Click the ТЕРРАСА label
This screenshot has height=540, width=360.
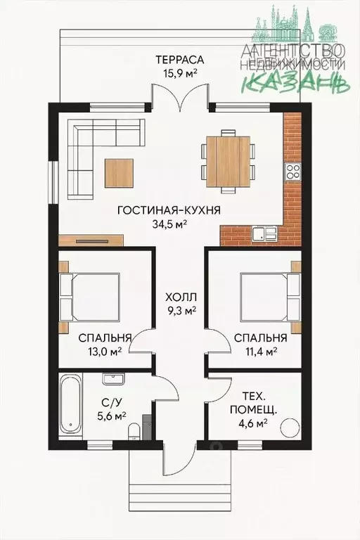pos(180,60)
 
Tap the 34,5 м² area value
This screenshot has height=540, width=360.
pos(169,224)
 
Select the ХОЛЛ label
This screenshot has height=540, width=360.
pos(181,297)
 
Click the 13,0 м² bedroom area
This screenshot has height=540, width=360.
pos(104,352)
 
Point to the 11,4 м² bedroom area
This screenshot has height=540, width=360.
pos(260,352)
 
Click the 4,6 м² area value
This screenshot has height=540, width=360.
pos(253,423)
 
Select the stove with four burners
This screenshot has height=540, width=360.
pos(292,172)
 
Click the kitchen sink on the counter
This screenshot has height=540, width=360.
pos(264,234)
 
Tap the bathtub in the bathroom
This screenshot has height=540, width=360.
pos(70,405)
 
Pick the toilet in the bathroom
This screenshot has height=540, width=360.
pos(133,432)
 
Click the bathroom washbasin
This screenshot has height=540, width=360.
pos(113,379)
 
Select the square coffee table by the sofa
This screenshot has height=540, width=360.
pos(120,173)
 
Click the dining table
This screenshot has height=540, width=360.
pos(228,161)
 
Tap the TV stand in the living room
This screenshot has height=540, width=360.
pos(91,240)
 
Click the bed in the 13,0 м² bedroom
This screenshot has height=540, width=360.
pos(89,297)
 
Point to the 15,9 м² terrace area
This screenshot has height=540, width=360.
pos(180,73)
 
